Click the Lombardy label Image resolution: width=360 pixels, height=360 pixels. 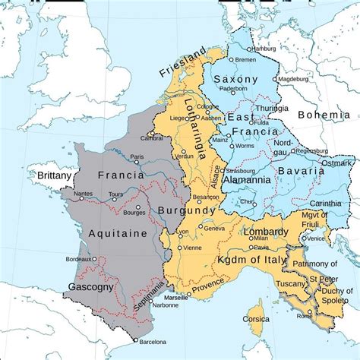[266, 232]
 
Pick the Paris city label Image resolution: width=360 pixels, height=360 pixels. [137, 158]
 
